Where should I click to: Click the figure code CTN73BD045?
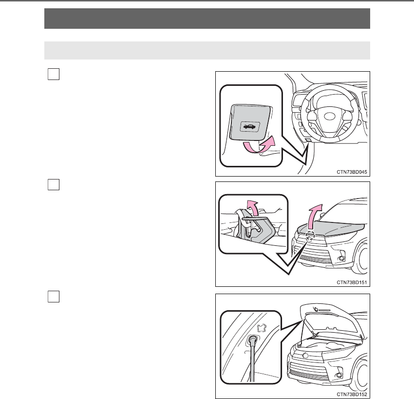click(352, 172)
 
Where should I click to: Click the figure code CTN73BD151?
click(352, 282)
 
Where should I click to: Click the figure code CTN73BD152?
click(352, 394)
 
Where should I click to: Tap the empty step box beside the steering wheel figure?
click(54, 74)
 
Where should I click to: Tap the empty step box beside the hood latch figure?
click(54, 184)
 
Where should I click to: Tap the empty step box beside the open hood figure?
click(54, 297)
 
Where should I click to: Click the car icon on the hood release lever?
click(250, 127)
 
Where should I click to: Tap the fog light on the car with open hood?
click(338, 375)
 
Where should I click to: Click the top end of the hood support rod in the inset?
click(253, 339)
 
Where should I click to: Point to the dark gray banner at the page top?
click(207, 19)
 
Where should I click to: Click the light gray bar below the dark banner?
click(207, 50)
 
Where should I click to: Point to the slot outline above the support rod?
click(262, 328)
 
